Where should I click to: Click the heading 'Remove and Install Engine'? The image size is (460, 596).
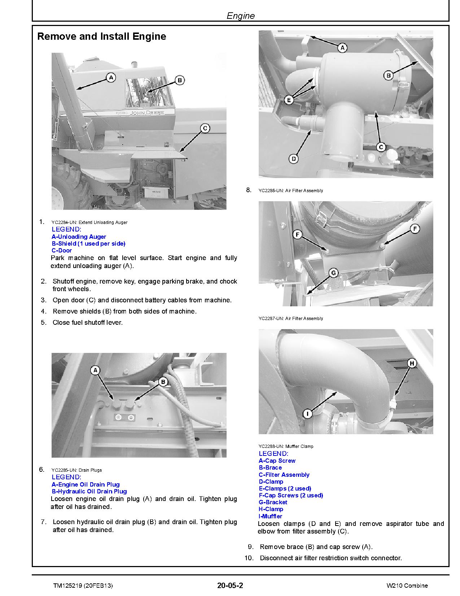click(x=102, y=36)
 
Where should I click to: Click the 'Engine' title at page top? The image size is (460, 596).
click(x=241, y=16)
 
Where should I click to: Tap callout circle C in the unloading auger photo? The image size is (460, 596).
click(x=205, y=128)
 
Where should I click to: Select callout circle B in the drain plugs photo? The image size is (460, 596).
click(x=163, y=381)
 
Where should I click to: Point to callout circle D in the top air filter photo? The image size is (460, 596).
click(x=294, y=158)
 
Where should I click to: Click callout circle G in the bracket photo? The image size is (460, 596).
click(x=333, y=273)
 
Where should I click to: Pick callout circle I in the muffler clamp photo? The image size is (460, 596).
click(x=307, y=413)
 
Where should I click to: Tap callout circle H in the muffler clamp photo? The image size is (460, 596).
click(x=412, y=363)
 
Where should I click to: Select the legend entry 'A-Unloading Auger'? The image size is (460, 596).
click(x=79, y=237)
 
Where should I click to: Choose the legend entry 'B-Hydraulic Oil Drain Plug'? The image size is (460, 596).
click(x=89, y=491)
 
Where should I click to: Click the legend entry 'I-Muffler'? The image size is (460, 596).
click(x=270, y=516)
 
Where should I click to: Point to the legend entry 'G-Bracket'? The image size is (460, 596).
click(x=273, y=502)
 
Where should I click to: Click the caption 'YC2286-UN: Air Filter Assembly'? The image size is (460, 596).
click(x=291, y=190)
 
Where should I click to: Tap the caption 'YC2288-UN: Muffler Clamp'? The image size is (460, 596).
click(x=286, y=446)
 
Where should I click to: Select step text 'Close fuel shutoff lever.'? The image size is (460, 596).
click(x=88, y=322)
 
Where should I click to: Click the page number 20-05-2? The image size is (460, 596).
click(x=230, y=586)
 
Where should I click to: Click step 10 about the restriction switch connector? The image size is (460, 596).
click(x=330, y=558)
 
